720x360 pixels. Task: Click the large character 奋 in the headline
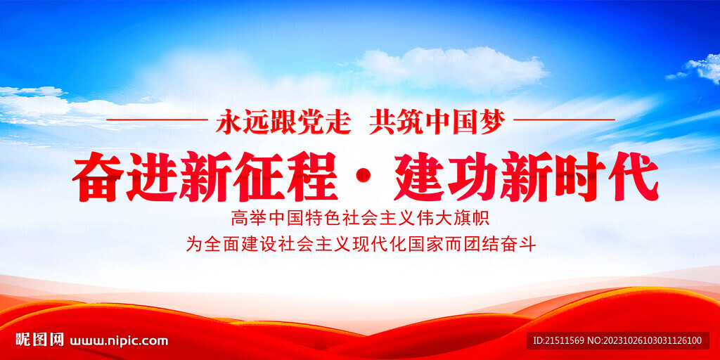(x=98, y=177)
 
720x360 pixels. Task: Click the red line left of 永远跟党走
(x=157, y=120)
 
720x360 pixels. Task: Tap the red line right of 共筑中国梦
(x=564, y=120)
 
